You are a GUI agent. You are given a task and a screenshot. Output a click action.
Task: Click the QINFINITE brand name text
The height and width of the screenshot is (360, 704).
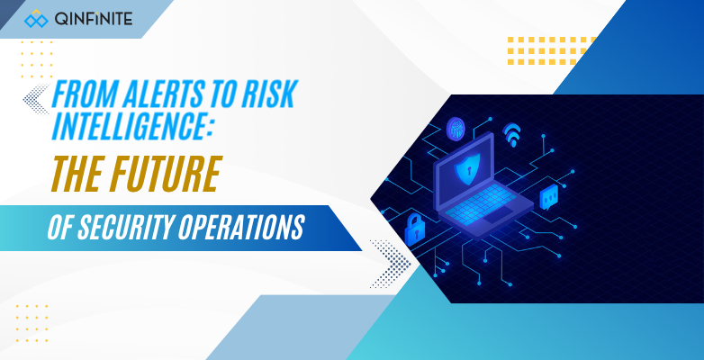click(x=93, y=18)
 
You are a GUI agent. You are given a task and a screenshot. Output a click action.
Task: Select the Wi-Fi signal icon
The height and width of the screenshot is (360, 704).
click(x=512, y=135)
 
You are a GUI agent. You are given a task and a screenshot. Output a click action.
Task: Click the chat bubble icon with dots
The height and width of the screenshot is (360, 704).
click(x=548, y=194)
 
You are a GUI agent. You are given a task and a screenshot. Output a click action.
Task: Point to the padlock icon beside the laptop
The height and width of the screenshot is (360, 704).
click(x=417, y=229)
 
